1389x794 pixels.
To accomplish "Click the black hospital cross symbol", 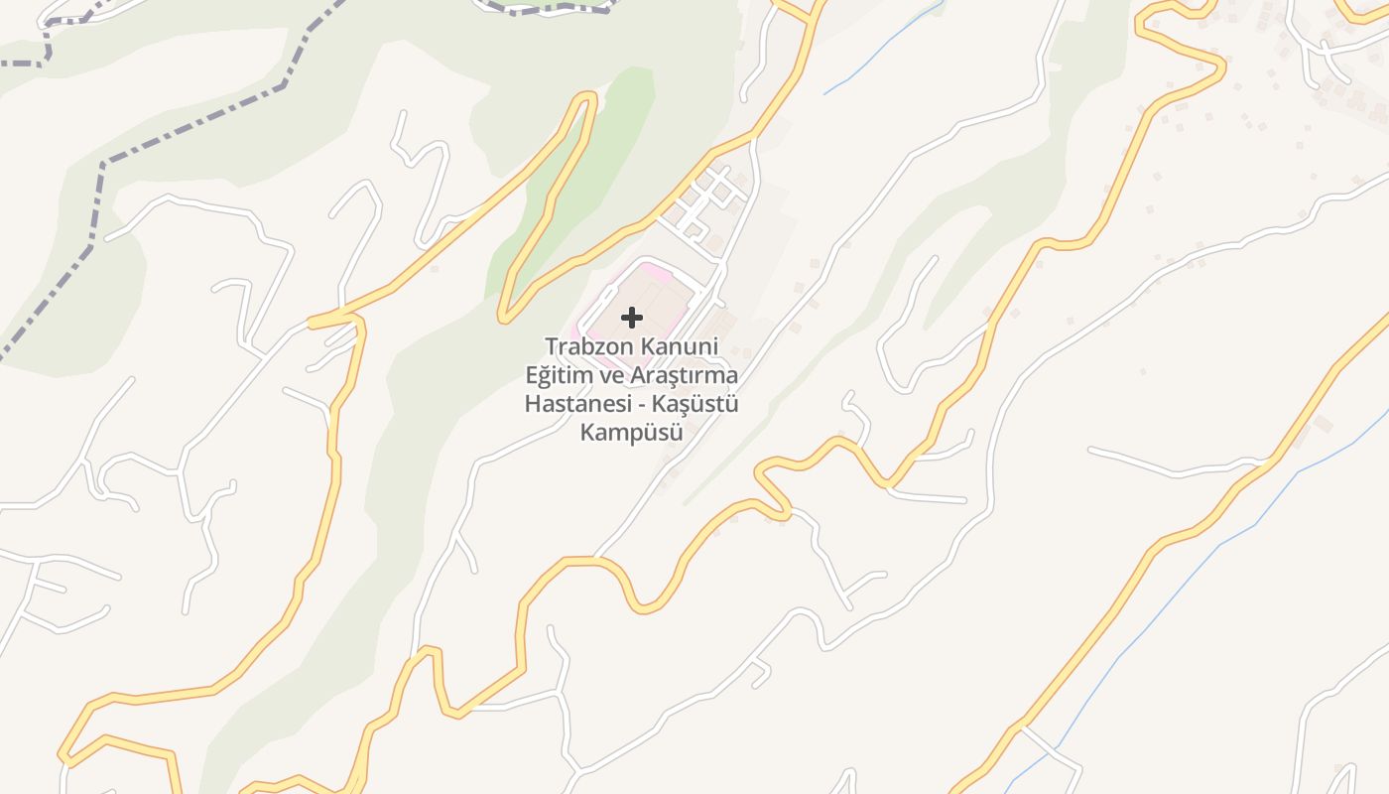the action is pyautogui.click(x=632, y=318).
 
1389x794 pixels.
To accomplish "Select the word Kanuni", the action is pyautogui.click(x=680, y=347).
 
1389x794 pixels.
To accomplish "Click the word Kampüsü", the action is pyautogui.click(x=632, y=433).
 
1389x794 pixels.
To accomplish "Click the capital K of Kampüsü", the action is pyautogui.click(x=586, y=433).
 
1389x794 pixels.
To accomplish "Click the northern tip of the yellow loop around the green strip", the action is pyautogui.click(x=587, y=96).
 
